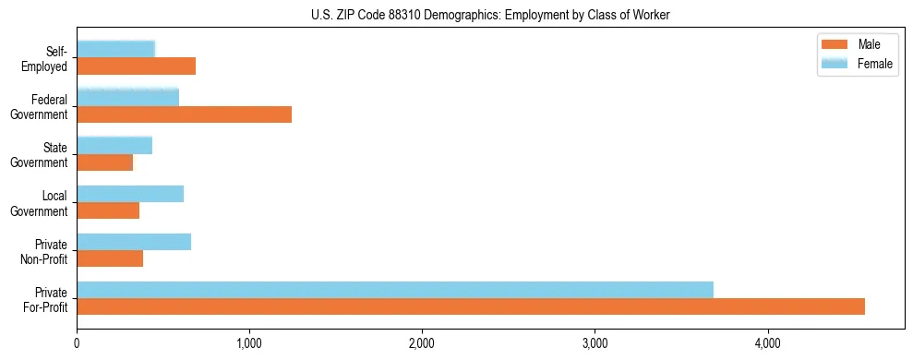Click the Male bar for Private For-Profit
(471, 306)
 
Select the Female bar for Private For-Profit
(395, 290)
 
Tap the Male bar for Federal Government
(185, 114)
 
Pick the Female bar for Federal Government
(128, 97)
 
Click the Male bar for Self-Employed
(137, 66)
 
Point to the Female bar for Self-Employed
(116, 49)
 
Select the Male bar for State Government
(105, 162)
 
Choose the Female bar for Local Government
(130, 194)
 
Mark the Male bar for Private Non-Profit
(110, 258)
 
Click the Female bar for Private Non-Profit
(134, 242)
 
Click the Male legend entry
(859, 45)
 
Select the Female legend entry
(859, 64)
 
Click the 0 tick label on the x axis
(78, 344)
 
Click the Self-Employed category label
(51, 58)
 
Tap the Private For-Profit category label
(46, 298)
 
